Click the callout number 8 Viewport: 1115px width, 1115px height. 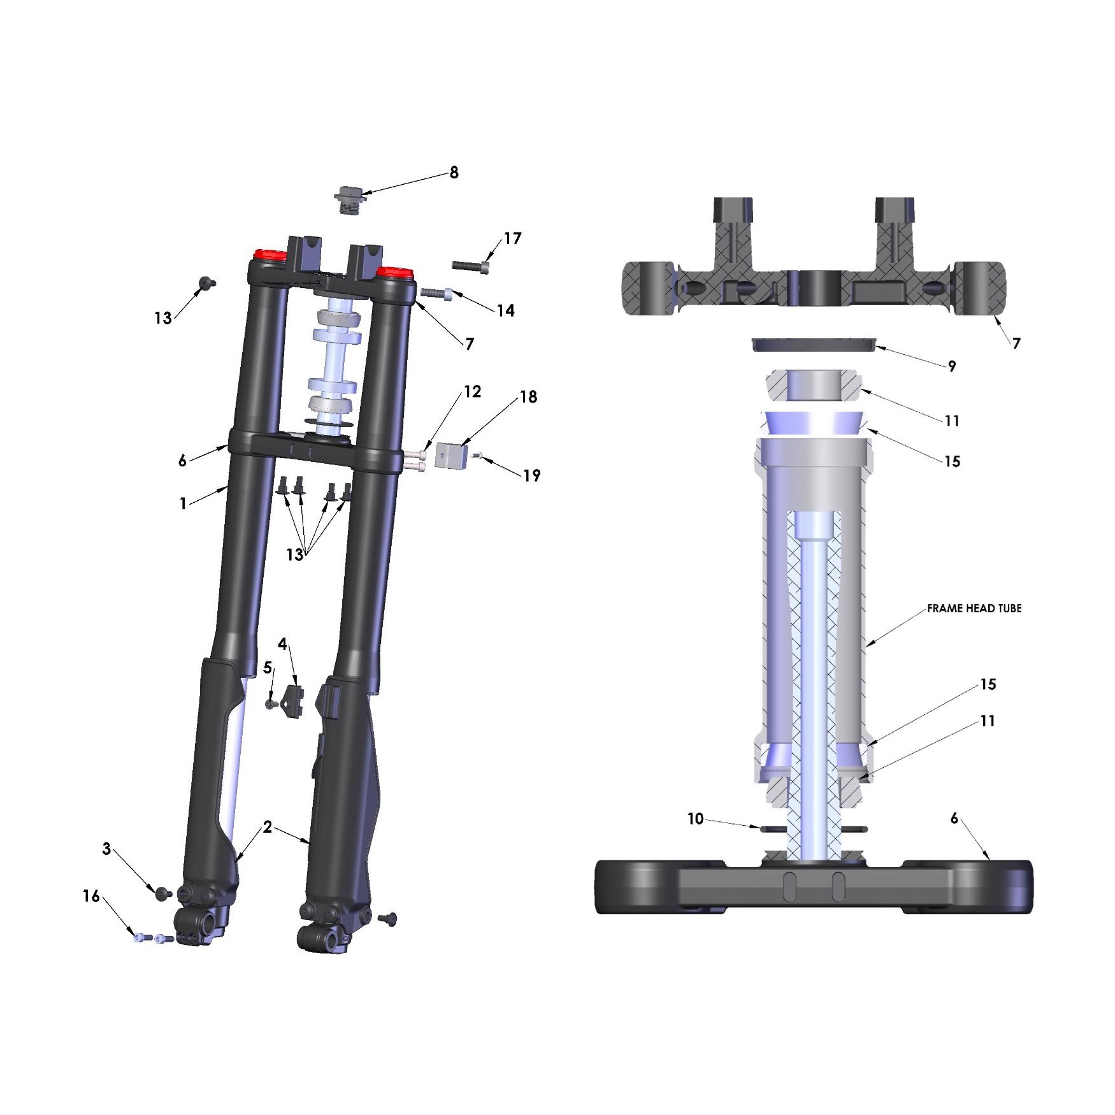click(454, 173)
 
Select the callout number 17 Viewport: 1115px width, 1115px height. click(512, 238)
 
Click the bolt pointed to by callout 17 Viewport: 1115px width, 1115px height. click(471, 265)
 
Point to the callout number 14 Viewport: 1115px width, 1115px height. click(506, 310)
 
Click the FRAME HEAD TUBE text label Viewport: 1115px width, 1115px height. click(974, 608)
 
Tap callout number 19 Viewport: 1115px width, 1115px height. click(532, 475)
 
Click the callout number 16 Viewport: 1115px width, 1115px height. click(91, 896)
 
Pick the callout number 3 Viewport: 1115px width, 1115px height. click(106, 849)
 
